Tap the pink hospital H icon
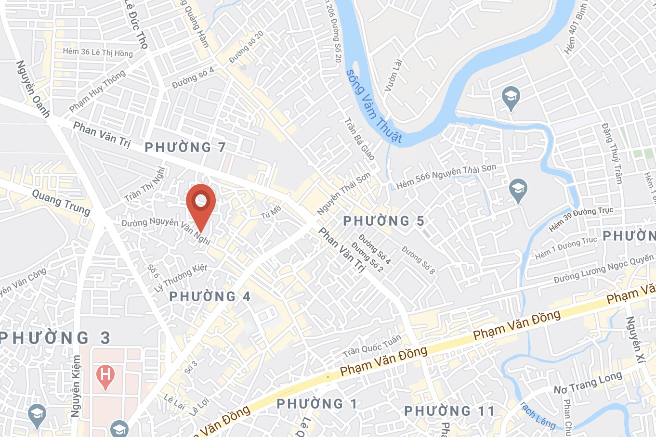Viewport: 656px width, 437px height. click(105, 375)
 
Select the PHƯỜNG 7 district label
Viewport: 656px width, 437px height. click(185, 147)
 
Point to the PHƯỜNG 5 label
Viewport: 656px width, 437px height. click(383, 221)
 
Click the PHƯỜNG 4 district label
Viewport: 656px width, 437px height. click(210, 296)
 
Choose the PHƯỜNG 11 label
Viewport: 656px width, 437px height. click(449, 411)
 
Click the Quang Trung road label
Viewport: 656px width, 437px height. click(61, 202)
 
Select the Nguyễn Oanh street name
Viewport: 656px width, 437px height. click(33, 89)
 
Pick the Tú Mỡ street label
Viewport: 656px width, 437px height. click(271, 212)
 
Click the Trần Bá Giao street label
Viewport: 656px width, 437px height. click(359, 139)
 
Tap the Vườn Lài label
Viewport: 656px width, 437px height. click(393, 75)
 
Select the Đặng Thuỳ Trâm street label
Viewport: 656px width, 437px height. click(612, 153)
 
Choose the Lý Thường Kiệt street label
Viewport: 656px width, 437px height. click(181, 278)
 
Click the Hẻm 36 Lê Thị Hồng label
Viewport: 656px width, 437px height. click(98, 52)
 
